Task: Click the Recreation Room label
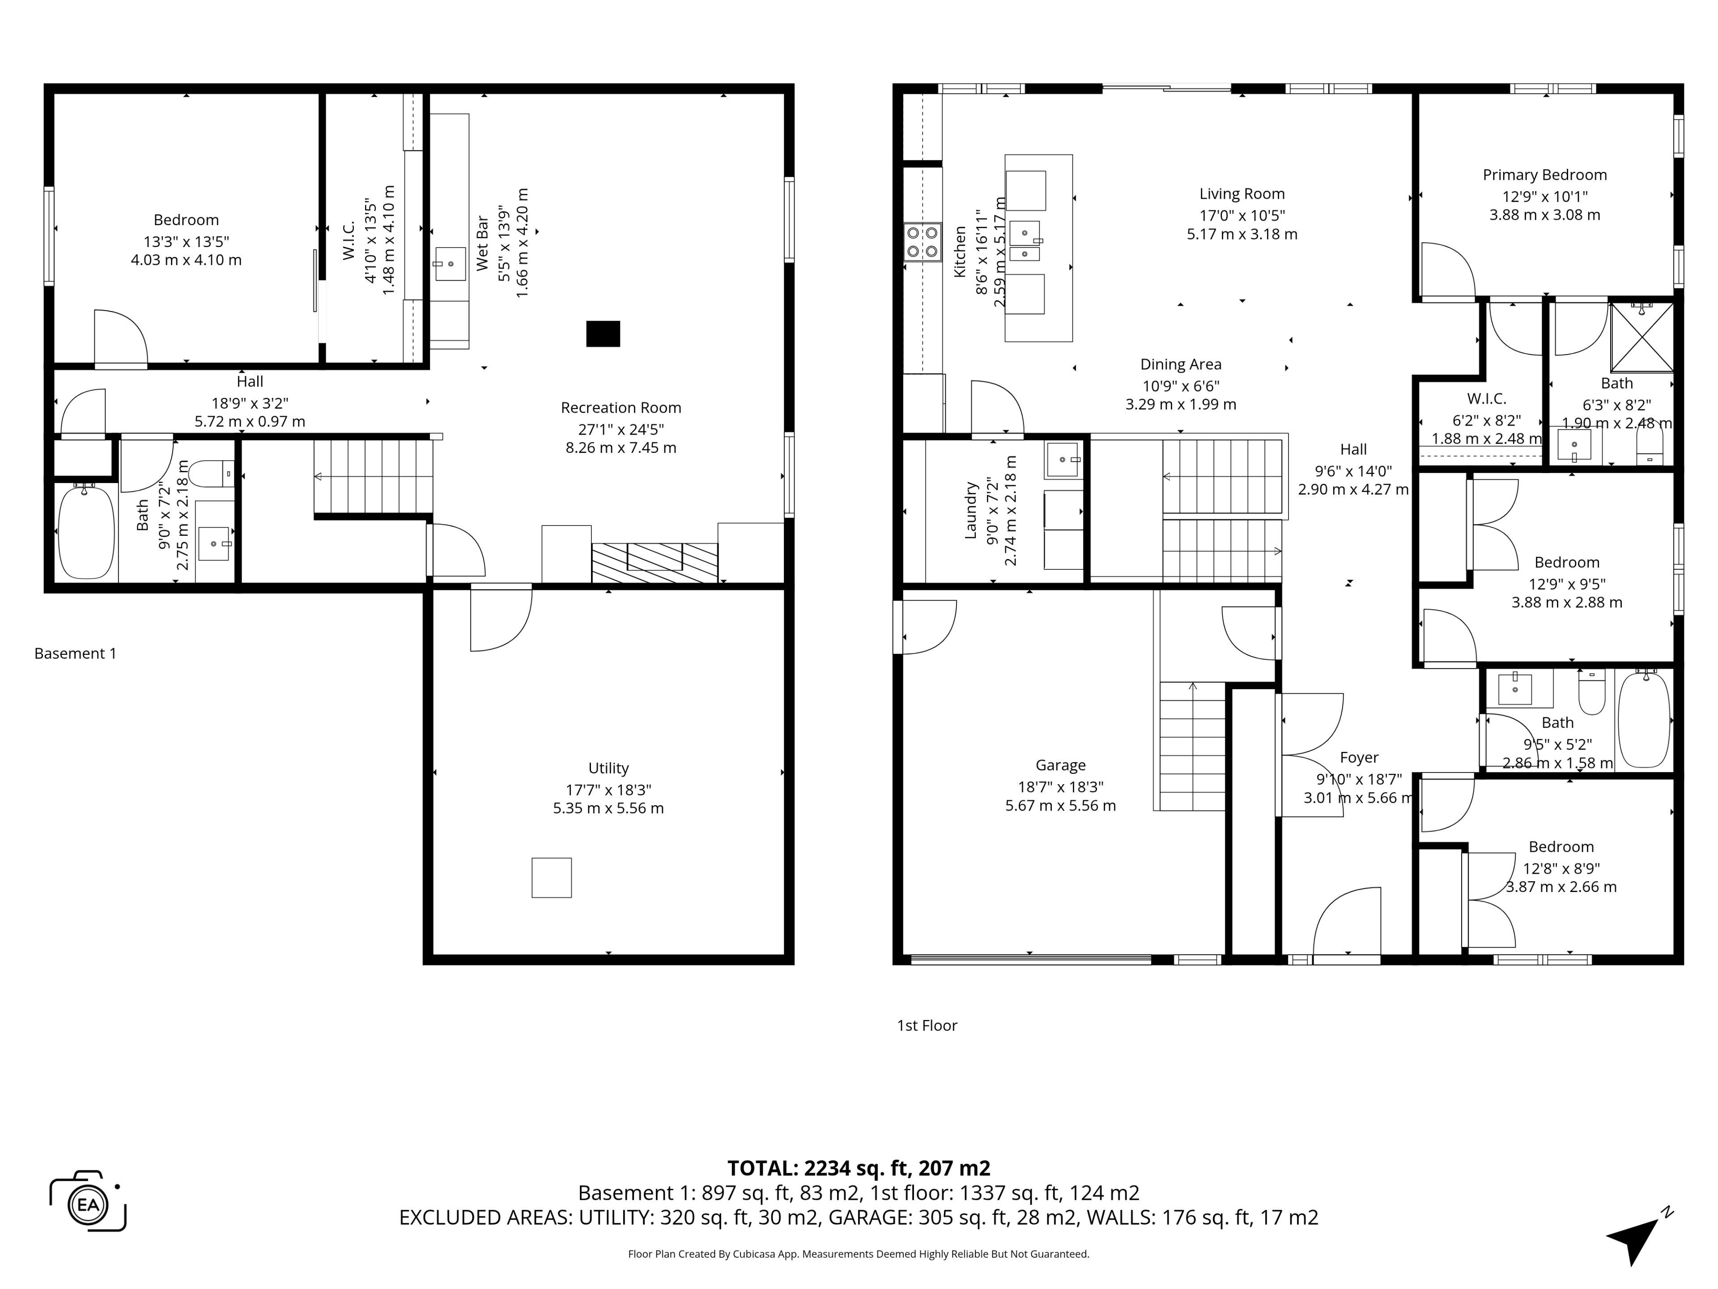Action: [621, 408]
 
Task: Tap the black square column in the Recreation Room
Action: [603, 333]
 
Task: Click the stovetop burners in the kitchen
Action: [922, 242]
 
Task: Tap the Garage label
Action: [1060, 765]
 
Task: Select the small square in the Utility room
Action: [552, 877]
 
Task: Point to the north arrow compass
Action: [1637, 1235]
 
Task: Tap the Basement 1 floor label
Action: [75, 653]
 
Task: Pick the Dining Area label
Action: [1181, 364]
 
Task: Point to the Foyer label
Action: [1359, 758]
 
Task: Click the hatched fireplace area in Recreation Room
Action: [654, 563]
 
